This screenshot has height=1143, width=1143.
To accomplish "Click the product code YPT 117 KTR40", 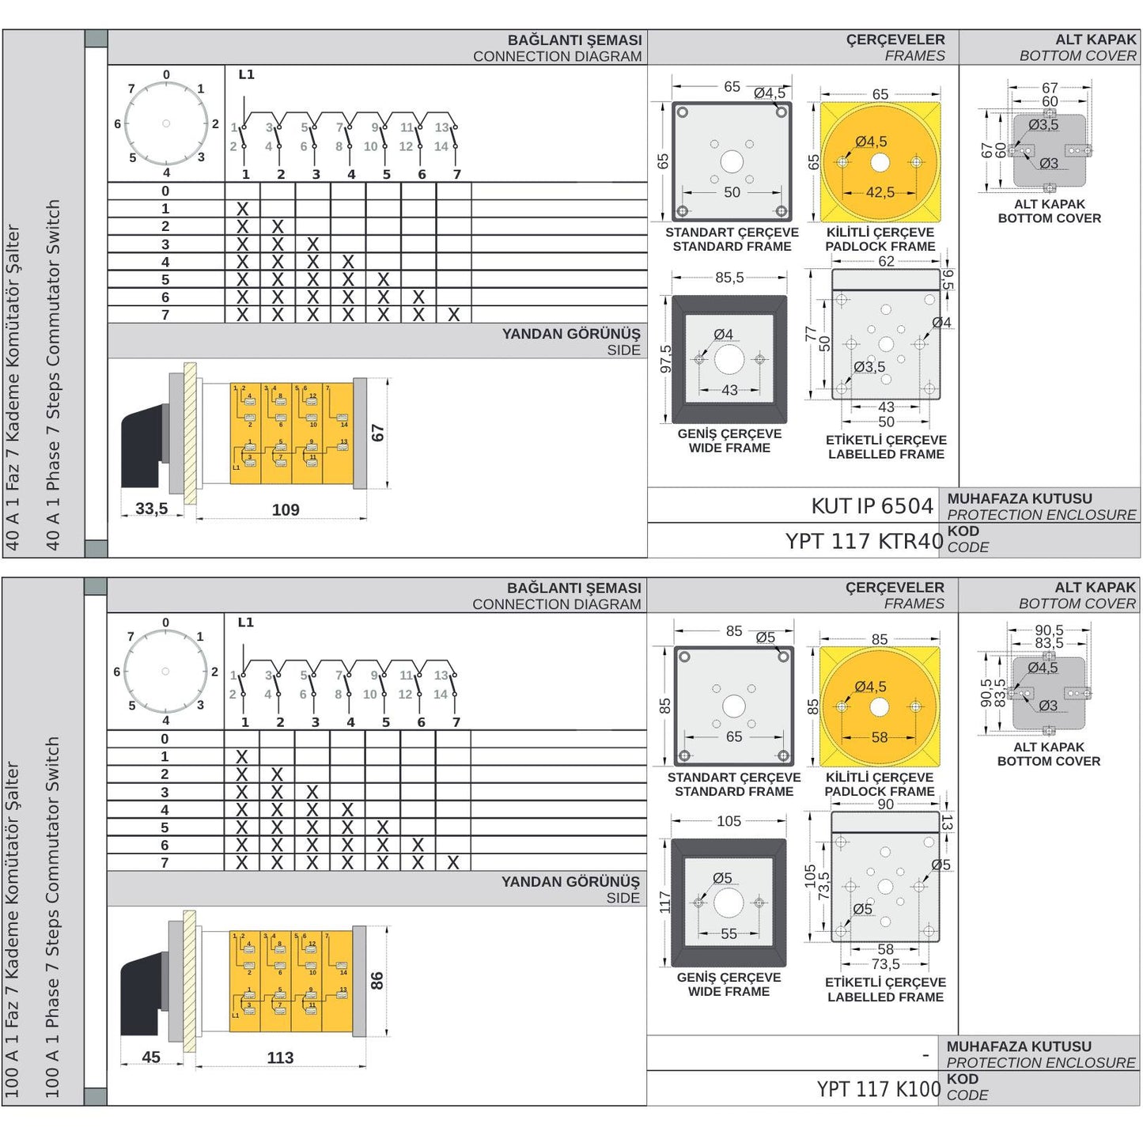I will click(864, 541).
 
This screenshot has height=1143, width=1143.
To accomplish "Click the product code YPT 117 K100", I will click(878, 1089).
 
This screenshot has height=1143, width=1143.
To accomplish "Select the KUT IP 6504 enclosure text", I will click(872, 506).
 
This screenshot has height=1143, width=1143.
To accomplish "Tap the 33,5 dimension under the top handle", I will click(151, 509).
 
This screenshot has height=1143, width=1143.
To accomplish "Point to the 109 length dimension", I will click(286, 510).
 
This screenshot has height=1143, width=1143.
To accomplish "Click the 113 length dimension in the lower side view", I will click(280, 1058).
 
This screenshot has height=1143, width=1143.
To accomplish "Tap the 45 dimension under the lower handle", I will click(151, 1058).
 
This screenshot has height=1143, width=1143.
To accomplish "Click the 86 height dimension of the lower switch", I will click(377, 981).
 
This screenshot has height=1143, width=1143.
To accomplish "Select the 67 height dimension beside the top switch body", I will click(377, 433).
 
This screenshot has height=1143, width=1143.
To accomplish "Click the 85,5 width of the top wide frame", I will click(729, 278).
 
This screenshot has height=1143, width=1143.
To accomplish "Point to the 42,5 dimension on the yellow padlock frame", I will click(880, 192).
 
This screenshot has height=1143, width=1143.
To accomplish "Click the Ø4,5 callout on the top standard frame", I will click(769, 93).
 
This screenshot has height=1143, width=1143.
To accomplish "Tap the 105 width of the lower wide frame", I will click(729, 821).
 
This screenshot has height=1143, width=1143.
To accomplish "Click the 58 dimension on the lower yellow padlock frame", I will click(879, 737).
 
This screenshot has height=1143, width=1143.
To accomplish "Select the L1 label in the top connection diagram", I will click(246, 74).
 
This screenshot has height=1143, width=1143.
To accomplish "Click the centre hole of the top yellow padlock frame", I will click(880, 163).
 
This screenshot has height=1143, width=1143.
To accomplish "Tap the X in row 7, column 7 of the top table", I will click(453, 315).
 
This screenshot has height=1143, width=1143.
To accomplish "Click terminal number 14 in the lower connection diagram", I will click(441, 695).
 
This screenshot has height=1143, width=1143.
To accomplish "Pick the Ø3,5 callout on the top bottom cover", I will click(1043, 125).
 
